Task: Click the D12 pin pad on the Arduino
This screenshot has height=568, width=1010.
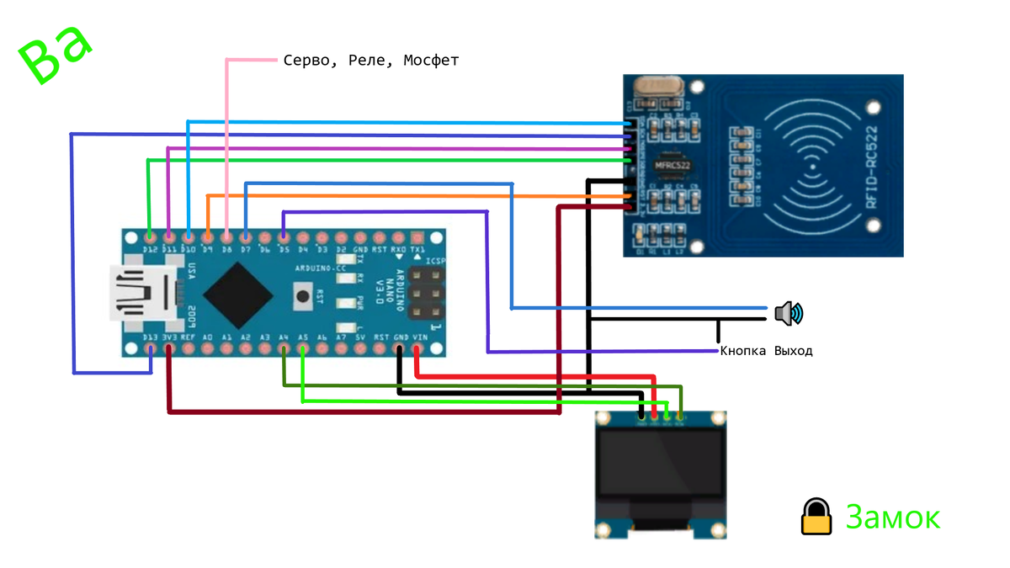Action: click(150, 238)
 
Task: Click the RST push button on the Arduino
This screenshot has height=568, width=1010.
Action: click(302, 295)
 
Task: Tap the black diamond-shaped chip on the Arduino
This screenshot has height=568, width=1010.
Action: click(238, 294)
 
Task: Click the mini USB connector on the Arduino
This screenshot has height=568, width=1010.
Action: click(143, 294)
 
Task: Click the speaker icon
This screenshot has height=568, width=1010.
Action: click(789, 314)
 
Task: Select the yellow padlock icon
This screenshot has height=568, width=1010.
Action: click(816, 516)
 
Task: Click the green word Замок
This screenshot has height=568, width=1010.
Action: click(892, 517)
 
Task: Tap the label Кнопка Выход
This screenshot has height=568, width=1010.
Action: click(766, 351)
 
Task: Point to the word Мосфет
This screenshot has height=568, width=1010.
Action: click(431, 61)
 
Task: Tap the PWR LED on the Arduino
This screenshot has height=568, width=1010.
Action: click(344, 301)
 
